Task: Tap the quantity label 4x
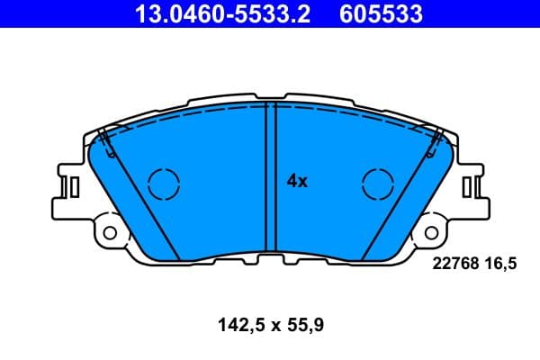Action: tap(297, 181)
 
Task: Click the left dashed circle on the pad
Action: tap(164, 184)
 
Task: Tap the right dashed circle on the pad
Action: tap(378, 184)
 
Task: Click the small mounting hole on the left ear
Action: tap(110, 232)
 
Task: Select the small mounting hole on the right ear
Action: tap(431, 232)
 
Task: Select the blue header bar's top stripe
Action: tap(270, 2)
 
